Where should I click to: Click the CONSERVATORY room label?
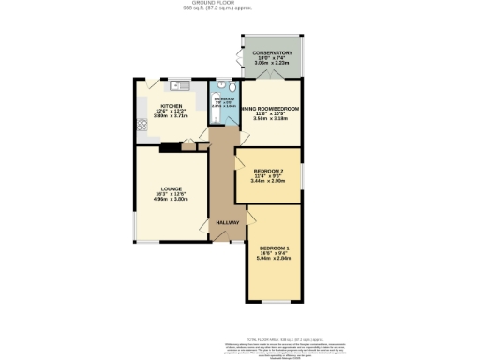point(272,53)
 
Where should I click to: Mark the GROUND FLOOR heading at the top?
point(239,3)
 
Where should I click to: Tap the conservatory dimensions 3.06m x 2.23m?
point(272,65)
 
